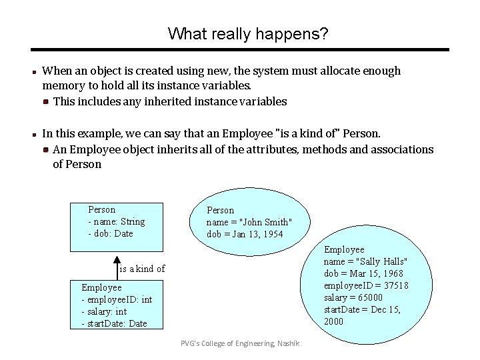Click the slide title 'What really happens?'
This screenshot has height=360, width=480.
tap(248, 33)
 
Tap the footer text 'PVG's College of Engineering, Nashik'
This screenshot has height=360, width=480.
tap(240, 343)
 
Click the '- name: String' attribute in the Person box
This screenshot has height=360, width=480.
tap(116, 221)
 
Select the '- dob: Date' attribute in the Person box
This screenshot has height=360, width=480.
tap(110, 233)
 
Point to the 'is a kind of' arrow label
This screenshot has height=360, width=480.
tap(142, 269)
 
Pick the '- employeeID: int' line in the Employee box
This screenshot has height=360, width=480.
tap(117, 299)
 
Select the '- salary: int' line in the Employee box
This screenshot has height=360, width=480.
tap(104, 311)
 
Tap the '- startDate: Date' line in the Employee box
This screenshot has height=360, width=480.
tap(114, 323)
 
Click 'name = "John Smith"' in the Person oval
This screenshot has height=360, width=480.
tap(249, 222)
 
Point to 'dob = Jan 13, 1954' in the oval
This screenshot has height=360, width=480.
tap(245, 234)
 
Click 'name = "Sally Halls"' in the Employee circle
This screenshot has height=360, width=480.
tap(366, 261)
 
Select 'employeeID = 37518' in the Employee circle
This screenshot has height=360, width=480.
tap(366, 285)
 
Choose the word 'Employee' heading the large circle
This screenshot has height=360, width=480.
tap(344, 249)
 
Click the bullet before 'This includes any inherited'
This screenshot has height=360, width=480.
tap(45, 102)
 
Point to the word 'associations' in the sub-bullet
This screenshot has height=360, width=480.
tap(401, 149)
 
